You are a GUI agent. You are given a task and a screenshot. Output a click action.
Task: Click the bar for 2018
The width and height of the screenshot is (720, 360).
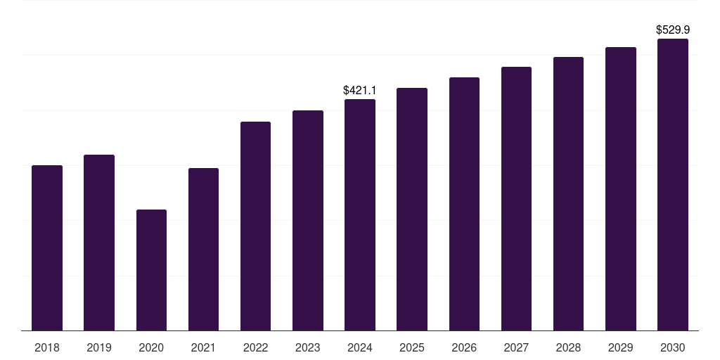47,247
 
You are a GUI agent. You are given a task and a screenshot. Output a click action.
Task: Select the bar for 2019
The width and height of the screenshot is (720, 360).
99,243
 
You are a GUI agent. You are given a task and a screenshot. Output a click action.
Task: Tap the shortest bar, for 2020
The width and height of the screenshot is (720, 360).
151,270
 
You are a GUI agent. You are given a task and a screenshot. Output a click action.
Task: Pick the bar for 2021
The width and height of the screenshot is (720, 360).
203,249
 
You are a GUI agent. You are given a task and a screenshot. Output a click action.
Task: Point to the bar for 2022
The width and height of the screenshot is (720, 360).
255,226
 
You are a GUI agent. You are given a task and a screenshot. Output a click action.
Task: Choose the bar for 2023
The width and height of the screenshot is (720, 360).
308,220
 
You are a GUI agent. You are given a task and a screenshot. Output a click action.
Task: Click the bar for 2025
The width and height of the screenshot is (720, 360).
412,209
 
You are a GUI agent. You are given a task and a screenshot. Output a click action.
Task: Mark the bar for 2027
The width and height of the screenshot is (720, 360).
516,198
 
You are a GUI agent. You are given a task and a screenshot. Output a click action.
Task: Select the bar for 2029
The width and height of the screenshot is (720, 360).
621,188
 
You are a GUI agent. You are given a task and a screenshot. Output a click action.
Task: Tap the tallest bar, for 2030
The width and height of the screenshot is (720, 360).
673,184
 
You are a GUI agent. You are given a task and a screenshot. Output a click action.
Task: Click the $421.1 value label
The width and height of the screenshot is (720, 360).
360,90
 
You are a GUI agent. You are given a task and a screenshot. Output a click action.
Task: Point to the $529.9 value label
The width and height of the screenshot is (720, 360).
673,30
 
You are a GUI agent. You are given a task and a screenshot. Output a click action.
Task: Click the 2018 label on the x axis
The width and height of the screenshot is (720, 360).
47,347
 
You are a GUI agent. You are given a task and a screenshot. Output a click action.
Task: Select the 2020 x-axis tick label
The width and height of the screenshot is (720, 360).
151,347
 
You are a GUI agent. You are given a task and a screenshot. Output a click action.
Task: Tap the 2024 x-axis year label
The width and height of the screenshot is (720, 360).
360,347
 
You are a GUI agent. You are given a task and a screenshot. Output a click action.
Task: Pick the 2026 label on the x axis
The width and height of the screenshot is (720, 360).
464,347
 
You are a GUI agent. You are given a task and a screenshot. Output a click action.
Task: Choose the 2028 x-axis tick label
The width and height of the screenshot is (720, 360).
568,347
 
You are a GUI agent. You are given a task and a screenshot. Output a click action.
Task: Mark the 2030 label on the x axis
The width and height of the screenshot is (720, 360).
673,347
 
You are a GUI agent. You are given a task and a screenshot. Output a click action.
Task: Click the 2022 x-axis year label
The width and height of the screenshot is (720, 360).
255,347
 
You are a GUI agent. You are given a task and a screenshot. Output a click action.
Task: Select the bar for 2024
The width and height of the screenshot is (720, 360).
360,214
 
